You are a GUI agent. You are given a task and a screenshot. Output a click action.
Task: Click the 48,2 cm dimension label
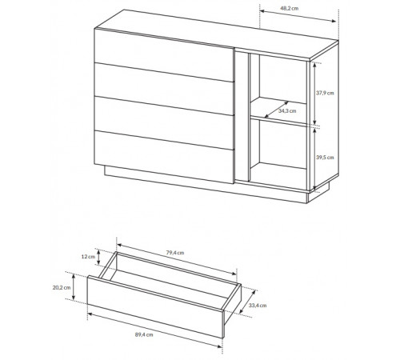(289, 8)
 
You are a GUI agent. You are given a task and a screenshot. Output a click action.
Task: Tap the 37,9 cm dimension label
(325, 93)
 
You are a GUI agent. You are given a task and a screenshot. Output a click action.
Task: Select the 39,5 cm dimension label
(325, 158)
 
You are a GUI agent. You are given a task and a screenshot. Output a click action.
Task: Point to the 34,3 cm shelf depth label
(287, 111)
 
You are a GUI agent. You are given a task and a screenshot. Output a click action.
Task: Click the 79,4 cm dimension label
(175, 253)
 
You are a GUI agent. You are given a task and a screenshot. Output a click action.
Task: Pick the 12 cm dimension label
(88, 257)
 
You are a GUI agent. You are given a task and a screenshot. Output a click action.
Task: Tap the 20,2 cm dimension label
(62, 287)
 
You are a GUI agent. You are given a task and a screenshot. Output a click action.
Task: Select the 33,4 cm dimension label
(258, 306)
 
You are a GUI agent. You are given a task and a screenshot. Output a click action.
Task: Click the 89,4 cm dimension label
(144, 334)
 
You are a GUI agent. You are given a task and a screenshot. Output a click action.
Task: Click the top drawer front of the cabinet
(164, 54)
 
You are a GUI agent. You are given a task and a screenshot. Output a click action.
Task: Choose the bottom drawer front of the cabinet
(164, 157)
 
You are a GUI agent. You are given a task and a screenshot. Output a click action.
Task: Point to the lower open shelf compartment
(278, 150)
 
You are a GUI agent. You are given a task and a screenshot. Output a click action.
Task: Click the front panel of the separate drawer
(155, 306)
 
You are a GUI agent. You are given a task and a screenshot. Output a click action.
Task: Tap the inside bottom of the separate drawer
(168, 286)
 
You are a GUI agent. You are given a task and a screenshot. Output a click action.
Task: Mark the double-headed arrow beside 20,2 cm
(74, 287)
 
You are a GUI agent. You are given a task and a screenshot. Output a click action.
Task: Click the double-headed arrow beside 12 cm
(99, 257)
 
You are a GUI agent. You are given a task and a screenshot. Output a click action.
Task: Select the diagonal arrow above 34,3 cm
(276, 110)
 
